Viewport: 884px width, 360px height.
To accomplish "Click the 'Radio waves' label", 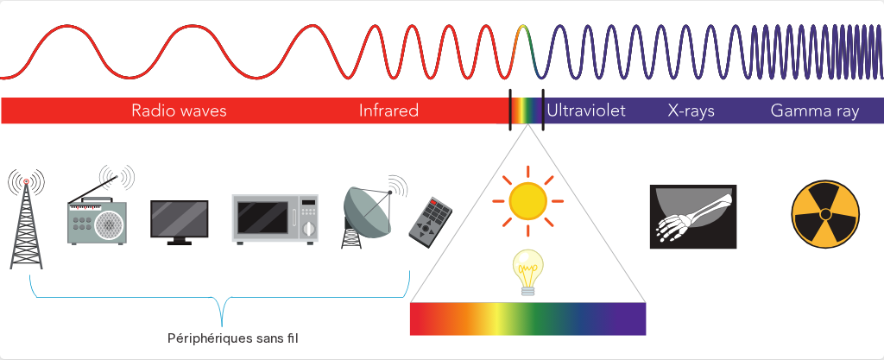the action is pos(179,111).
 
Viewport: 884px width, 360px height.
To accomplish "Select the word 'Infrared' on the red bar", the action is pos(388,111).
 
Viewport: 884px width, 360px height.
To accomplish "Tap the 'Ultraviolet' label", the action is pos(586,111).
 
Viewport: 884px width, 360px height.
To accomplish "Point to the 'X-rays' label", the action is pos(691,111).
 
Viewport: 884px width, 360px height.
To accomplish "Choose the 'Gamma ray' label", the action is pos(815,111).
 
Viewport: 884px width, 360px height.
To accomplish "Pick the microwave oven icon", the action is pos(275,218).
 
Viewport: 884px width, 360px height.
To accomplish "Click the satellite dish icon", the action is pos(372,213).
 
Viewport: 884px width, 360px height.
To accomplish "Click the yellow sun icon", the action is pos(527,200).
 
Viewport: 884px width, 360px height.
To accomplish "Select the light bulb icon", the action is pos(527,272).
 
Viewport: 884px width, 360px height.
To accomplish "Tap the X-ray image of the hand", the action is pos(693,217).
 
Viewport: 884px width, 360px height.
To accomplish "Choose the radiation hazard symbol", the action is pos(824,214).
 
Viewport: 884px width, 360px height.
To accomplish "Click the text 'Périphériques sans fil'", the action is pos(233,338).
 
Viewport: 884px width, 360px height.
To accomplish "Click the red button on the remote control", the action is pos(433,202).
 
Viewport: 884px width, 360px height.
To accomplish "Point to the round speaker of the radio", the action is pos(108,224).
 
